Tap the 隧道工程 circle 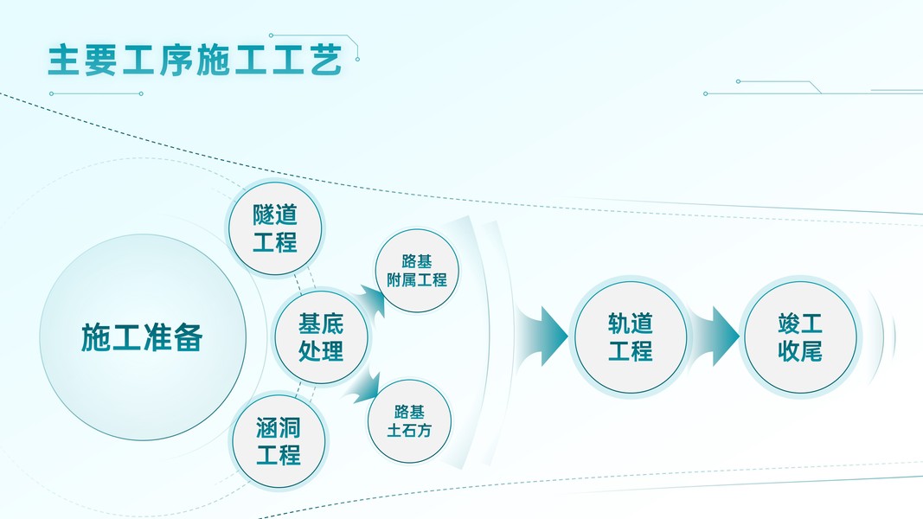pyautogui.click(x=275, y=228)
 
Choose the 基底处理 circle pyautogui.click(x=320, y=336)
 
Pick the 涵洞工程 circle pyautogui.click(x=279, y=440)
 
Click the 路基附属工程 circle pyautogui.click(x=417, y=270)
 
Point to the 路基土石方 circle pyautogui.click(x=410, y=420)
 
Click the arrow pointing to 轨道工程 pyautogui.click(x=542, y=336)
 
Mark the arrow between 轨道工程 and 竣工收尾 pyautogui.click(x=715, y=336)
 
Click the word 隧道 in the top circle pyautogui.click(x=275, y=215)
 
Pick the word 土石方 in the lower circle pyautogui.click(x=410, y=429)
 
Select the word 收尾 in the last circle pyautogui.click(x=800, y=350)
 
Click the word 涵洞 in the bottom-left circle pyautogui.click(x=279, y=426)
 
